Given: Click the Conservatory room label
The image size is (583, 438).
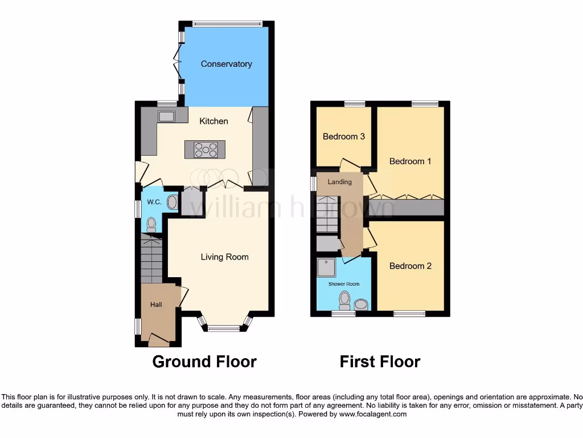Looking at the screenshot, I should point(226,64).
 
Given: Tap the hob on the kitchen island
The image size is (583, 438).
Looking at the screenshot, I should point(206,149).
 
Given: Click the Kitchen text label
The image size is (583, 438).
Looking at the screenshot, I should point(214,121).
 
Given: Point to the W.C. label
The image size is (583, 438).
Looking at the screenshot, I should point(154,202).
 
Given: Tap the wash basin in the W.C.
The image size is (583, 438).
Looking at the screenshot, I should point(172,202).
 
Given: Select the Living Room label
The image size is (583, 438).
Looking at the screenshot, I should point(224,257).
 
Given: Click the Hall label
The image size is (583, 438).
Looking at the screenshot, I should point(156,305).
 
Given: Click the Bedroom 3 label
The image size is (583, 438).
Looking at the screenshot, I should point(343,136).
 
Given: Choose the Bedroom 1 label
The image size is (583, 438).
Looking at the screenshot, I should point(410,161).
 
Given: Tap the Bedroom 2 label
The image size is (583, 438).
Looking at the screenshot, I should point(410,266).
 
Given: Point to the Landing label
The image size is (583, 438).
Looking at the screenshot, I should point(339,182).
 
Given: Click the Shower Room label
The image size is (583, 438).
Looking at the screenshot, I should point(343,283).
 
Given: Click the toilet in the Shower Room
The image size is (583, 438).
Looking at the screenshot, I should point(344,299).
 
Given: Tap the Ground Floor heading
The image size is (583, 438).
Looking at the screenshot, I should point(204,362).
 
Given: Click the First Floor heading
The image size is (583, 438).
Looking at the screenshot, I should point(380,362).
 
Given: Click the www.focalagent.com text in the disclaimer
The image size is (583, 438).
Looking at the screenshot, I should point(372,414).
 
